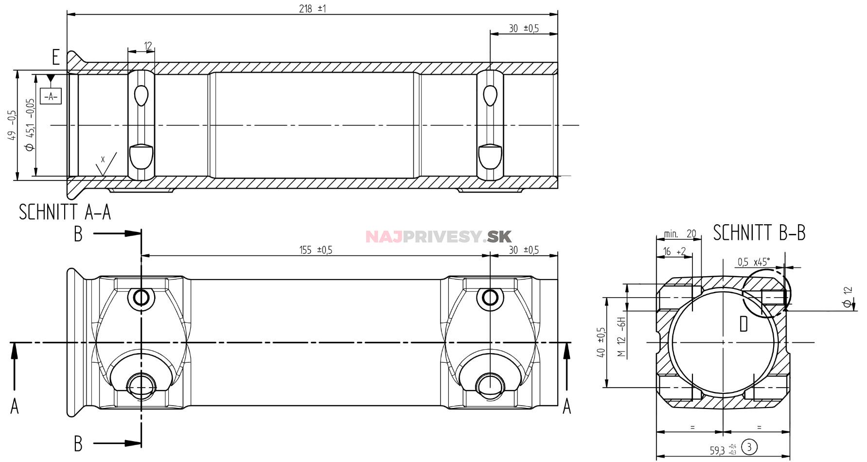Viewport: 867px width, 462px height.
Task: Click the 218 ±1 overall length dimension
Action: point(312,9)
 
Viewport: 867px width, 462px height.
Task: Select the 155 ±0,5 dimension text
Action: point(316,250)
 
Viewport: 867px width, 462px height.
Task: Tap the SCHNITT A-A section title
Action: point(65,212)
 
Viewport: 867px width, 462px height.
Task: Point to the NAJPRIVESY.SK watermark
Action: point(438,237)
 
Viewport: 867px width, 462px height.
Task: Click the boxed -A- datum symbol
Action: point(51,96)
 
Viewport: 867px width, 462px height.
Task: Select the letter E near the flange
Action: point(56,57)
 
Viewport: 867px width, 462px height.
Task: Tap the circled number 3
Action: point(749,446)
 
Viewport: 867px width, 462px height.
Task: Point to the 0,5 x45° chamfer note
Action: point(753,262)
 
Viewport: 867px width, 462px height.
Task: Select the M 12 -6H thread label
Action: point(621,337)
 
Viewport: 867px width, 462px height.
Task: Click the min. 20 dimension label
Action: point(680,234)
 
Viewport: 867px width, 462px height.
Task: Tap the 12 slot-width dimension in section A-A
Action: point(148,46)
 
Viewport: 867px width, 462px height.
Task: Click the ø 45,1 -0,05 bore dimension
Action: point(30,124)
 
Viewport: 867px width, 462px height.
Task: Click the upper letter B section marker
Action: point(78,234)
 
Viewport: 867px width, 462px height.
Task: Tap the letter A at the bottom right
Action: point(566,406)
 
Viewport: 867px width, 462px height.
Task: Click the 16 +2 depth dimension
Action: point(674,251)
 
